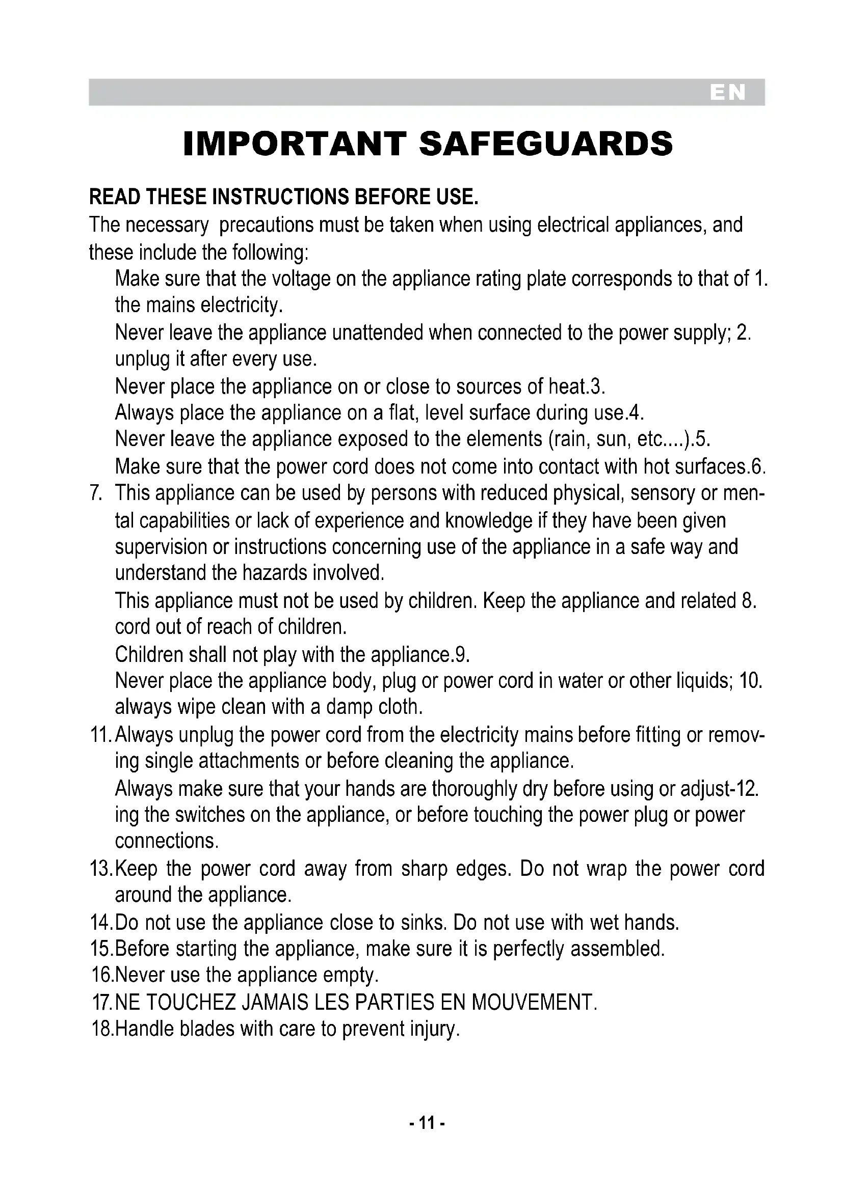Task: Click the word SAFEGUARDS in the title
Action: pyautogui.click(x=545, y=144)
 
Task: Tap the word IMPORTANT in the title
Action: pyautogui.click(x=294, y=144)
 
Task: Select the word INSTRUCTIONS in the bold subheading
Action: pyautogui.click(x=281, y=197)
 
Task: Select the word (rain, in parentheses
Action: pyautogui.click(x=569, y=439)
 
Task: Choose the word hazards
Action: pyautogui.click(x=276, y=573)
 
